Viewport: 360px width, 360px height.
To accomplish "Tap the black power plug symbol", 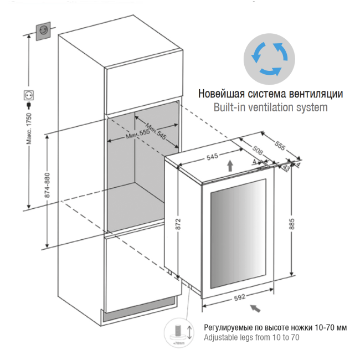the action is point(27,98).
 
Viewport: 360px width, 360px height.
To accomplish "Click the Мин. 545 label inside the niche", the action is point(155,130).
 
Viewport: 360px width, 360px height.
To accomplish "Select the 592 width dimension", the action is point(239,297).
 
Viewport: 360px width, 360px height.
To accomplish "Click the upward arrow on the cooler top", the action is point(230,164).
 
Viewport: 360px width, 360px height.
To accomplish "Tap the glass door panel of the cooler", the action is point(239,235).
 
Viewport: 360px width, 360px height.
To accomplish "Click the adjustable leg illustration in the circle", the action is point(179,332).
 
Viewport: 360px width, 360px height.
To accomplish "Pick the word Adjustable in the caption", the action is point(222,337).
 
